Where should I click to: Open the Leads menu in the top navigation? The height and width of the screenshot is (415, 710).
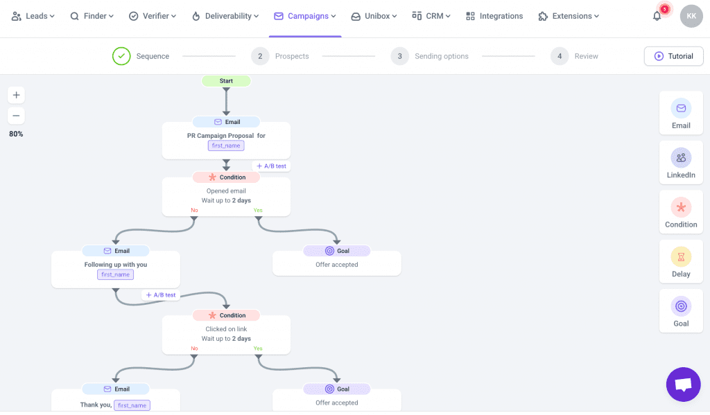33,16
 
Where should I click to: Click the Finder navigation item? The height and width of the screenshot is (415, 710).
93,16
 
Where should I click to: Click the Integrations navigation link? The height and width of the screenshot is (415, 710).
494,16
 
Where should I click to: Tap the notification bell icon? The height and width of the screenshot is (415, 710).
657,16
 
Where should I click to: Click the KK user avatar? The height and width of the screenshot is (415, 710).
691,16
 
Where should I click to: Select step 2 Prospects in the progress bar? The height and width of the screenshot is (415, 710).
282,56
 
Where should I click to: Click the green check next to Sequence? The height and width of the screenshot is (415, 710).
121,56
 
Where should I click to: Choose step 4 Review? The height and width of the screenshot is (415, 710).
575,56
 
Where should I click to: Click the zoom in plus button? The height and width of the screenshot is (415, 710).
16,95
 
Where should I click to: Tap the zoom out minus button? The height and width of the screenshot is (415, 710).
16,116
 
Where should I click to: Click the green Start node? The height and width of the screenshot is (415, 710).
226,81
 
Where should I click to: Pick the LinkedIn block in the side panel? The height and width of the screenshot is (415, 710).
681,163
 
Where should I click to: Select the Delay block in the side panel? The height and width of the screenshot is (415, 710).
681,262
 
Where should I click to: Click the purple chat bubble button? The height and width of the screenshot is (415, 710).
683,385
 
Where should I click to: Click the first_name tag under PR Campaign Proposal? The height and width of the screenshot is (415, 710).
226,145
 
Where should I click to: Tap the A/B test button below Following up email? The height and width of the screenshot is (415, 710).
161,295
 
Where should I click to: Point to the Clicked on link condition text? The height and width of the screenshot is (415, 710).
226,329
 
